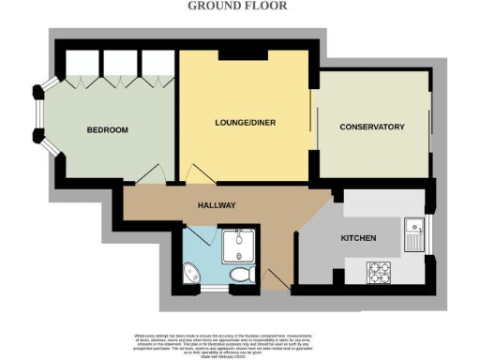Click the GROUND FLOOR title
click(x=239, y=6)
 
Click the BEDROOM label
click(x=108, y=129)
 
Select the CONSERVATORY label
click(x=371, y=127)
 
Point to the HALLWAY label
click(x=216, y=205)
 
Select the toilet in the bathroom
click(x=242, y=275)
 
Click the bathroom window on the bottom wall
click(x=215, y=288)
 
